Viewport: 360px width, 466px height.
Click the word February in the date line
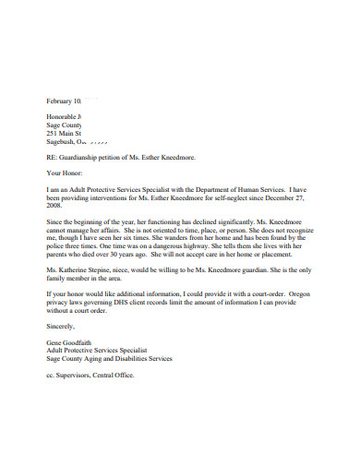click(x=61, y=100)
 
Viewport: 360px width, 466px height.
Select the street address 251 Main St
click(x=64, y=134)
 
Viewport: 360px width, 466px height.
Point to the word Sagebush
click(x=61, y=142)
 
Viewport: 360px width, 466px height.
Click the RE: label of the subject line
click(x=52, y=159)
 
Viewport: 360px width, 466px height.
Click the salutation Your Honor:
click(x=64, y=175)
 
